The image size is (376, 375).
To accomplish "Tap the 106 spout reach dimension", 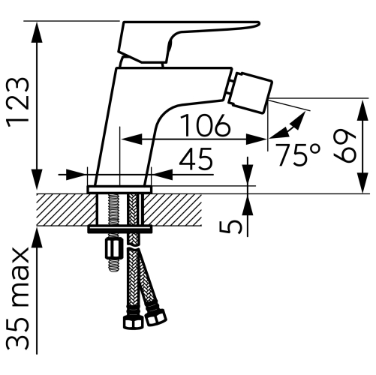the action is [x=206, y=125].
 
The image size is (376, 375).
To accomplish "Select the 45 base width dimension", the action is [x=196, y=159].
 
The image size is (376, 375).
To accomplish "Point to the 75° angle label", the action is [x=297, y=155].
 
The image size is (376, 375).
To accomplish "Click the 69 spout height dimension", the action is [x=344, y=146].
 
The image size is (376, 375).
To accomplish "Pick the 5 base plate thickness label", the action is [x=230, y=227].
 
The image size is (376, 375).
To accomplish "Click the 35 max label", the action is [x=18, y=298].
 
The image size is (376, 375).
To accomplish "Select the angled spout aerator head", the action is [x=250, y=92].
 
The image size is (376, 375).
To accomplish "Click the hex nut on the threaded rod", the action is [x=114, y=250].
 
